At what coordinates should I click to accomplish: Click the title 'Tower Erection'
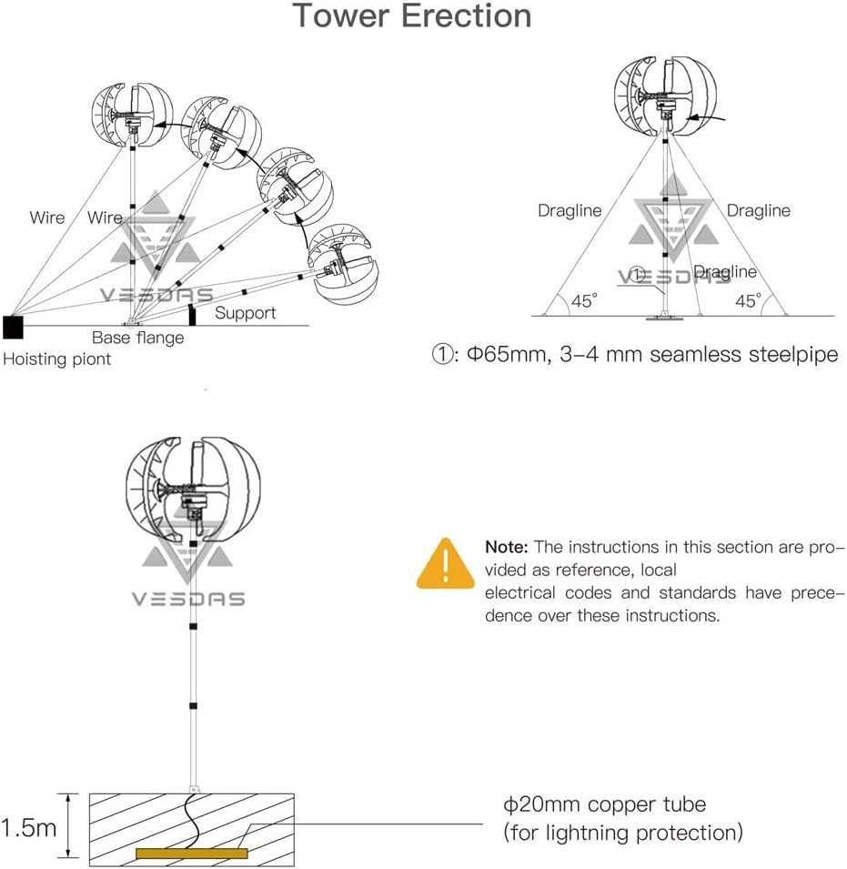[x=411, y=16]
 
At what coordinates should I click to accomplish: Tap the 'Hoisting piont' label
[x=56, y=359]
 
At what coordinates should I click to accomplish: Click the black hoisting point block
[x=13, y=326]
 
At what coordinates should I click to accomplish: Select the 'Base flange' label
[x=137, y=338]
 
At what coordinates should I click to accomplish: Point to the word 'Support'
[x=245, y=313]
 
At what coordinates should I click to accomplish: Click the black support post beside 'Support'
[x=192, y=315]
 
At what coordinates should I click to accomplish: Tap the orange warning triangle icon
[x=446, y=564]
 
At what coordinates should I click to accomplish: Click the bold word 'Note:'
[x=507, y=547]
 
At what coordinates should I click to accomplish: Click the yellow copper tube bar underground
[x=191, y=854]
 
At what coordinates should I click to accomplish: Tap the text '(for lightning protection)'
[x=623, y=832]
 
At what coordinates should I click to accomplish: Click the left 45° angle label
[x=583, y=301]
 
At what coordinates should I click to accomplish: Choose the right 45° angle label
[x=748, y=301]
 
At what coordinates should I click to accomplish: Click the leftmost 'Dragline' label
[x=570, y=210]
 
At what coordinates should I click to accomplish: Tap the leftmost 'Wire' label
[x=47, y=217]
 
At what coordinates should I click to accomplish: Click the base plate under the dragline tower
[x=665, y=318]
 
